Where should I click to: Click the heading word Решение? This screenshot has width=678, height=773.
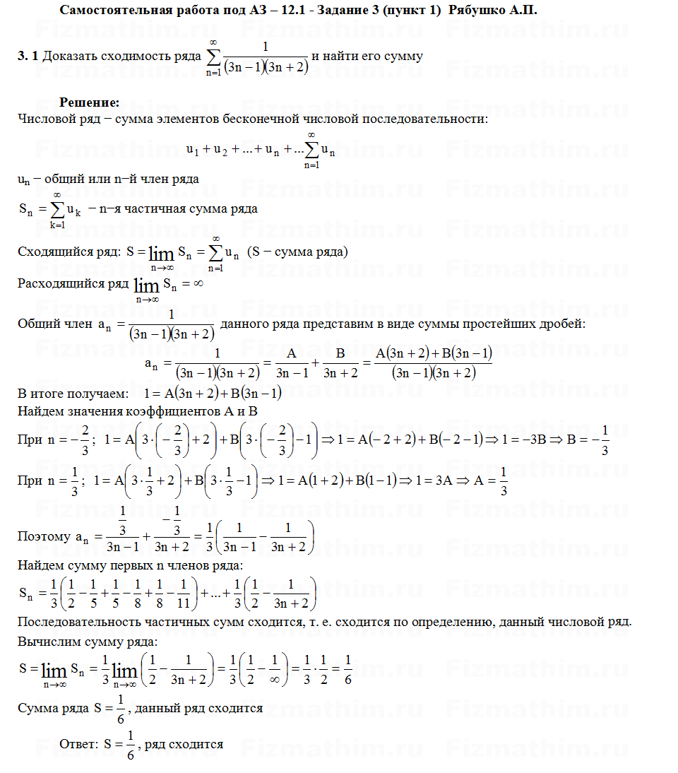pyautogui.click(x=89, y=102)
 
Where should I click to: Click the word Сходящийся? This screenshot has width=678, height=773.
pyautogui.click(x=52, y=252)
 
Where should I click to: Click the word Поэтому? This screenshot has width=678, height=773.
pyautogui.click(x=43, y=536)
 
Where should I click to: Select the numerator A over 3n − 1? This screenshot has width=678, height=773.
pyautogui.click(x=292, y=353)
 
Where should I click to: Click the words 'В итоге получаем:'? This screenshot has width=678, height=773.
pyautogui.click(x=73, y=394)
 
